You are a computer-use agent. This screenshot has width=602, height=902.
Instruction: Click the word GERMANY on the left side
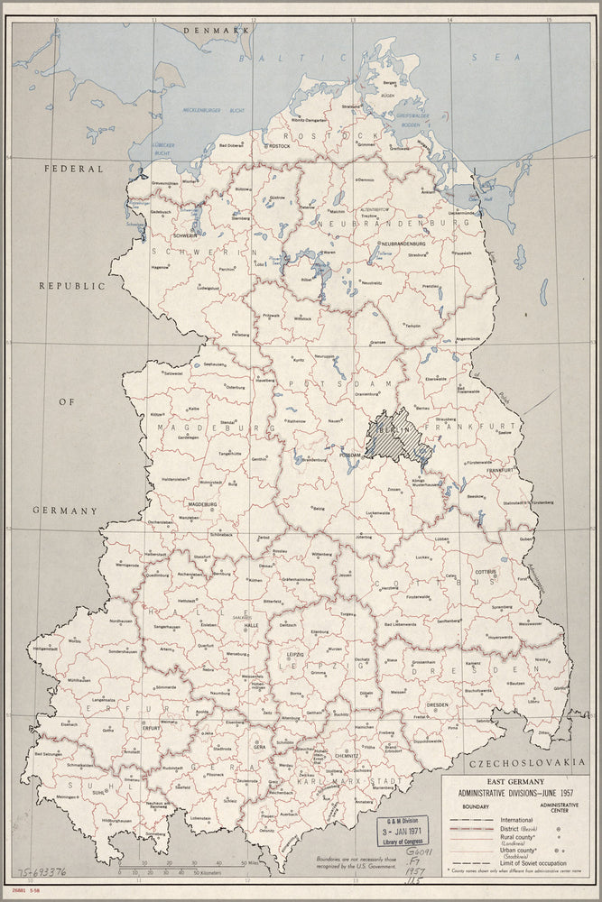pyautogui.click(x=64, y=511)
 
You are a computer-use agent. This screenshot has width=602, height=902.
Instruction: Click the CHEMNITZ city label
pyautogui.click(x=346, y=746)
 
